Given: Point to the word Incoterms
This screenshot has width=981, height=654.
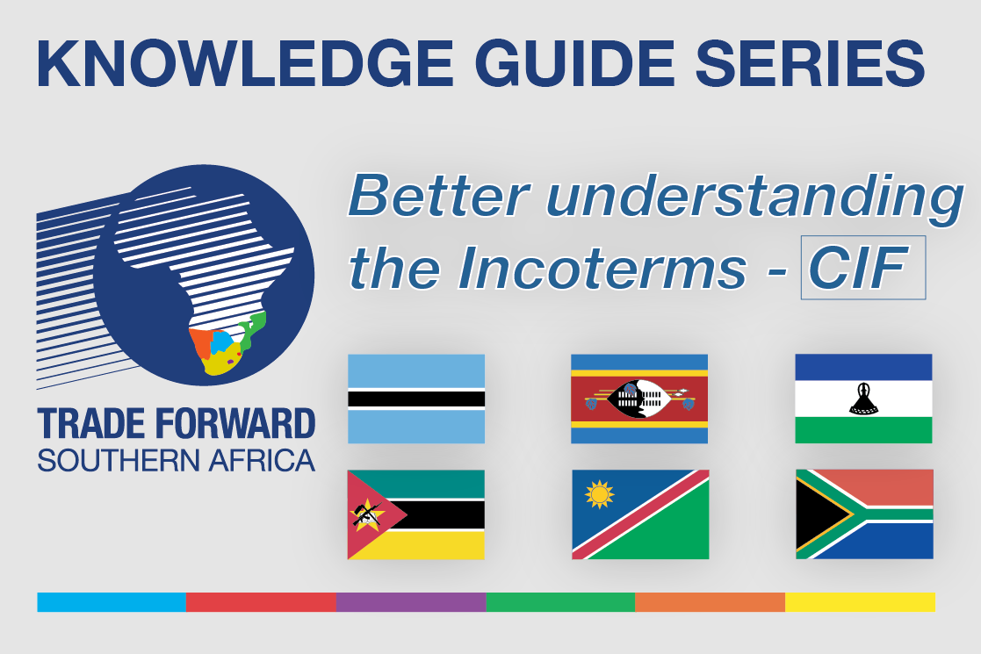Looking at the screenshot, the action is [602, 269].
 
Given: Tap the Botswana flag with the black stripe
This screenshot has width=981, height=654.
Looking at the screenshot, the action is [416, 399].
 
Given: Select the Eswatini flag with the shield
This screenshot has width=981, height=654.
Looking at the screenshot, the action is [639, 399].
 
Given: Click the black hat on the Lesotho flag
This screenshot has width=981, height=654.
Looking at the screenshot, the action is [863, 399].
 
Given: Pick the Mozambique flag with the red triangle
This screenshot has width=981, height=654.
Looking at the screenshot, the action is [416, 514].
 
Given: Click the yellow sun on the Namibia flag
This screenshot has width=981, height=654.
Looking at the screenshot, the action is [599, 494].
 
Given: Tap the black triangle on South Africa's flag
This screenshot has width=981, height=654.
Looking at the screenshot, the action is [819, 514].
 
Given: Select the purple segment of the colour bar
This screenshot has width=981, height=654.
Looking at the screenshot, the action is [411, 602].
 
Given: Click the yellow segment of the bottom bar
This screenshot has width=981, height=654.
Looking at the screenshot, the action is [861, 602].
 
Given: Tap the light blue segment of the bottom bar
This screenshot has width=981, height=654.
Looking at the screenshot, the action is [112, 602].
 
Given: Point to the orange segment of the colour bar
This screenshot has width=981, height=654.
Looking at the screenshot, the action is [711, 602].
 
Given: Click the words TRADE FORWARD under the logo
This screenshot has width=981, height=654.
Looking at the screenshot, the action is [176, 424].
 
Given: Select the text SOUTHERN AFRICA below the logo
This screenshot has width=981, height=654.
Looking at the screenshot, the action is [176, 461].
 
